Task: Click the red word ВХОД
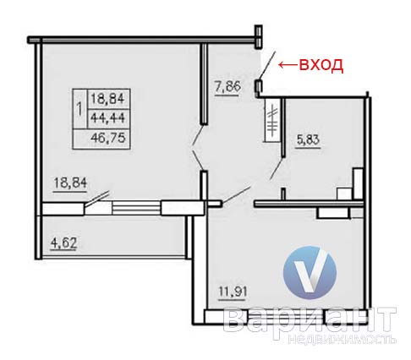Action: [321, 65]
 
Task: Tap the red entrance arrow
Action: [288, 65]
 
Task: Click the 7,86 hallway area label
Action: [227, 87]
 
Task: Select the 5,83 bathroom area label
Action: [308, 139]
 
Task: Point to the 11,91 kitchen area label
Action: [233, 292]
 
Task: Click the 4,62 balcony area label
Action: [63, 243]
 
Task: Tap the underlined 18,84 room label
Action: [70, 183]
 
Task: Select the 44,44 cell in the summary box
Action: [107, 117]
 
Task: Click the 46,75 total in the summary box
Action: [108, 138]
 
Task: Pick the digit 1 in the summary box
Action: [79, 109]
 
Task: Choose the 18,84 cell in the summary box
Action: [107, 99]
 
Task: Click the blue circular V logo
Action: [310, 273]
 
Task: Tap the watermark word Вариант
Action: [310, 320]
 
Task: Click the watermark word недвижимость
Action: [342, 340]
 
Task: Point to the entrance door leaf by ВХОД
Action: [266, 65]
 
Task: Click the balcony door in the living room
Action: [96, 198]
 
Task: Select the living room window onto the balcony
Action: [137, 209]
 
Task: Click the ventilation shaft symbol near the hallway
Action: [272, 120]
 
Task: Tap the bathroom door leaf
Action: [277, 169]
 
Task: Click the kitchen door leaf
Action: [236, 194]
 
